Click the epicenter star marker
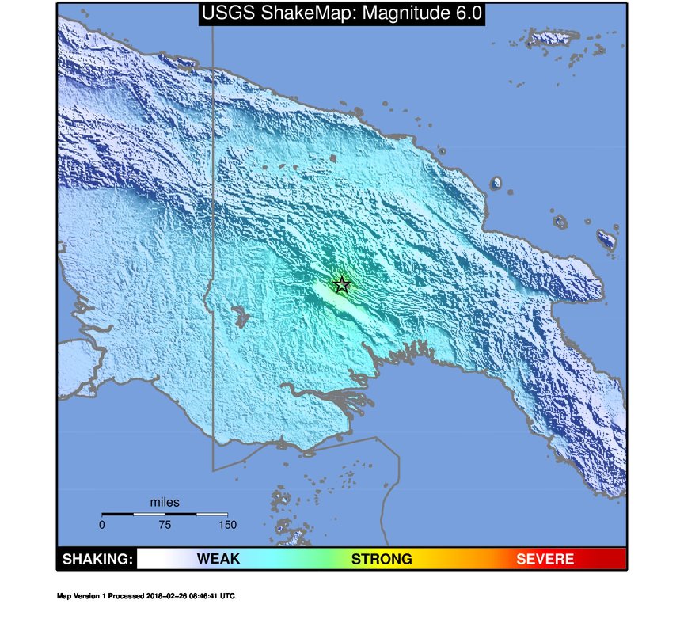click(342, 284)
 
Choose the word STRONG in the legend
click(382, 560)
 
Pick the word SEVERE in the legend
click(545, 560)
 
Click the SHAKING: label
click(97, 560)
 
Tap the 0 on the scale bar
click(102, 524)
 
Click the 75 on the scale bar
click(165, 524)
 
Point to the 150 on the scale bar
click(227, 524)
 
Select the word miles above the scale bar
click(165, 502)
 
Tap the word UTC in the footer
click(227, 596)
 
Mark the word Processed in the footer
click(127, 596)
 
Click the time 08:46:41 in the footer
click(202, 596)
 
